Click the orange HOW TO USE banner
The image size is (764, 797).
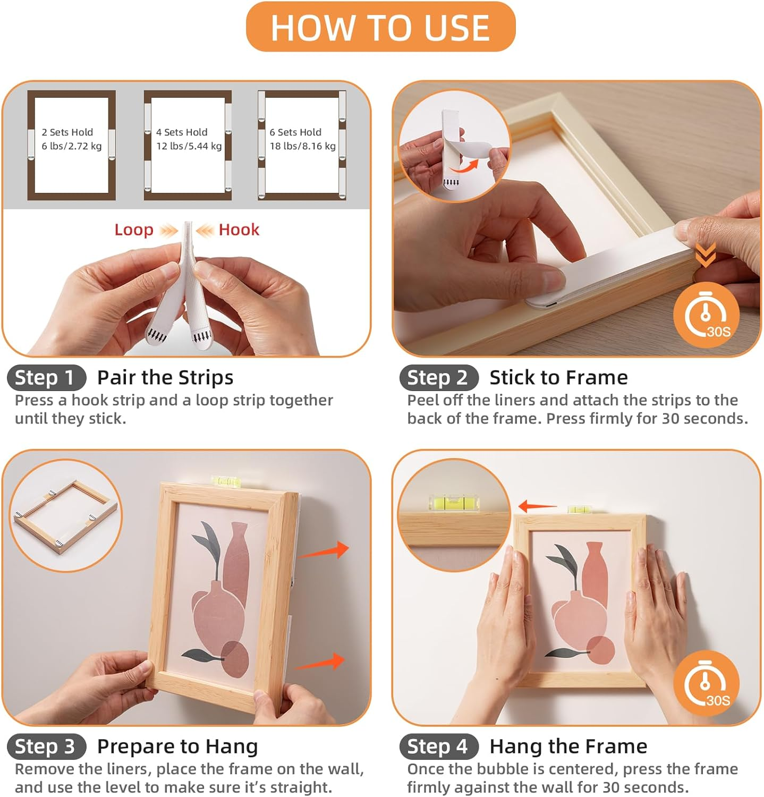pos(380,27)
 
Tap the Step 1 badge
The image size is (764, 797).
pos(46,378)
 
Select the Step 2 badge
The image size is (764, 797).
pos(438,378)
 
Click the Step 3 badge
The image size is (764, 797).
pos(46,747)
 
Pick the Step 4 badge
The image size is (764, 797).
pos(438,747)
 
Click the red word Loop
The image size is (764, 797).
pos(134,230)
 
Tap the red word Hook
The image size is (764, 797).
pos(239,230)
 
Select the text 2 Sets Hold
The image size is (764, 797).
pos(67,132)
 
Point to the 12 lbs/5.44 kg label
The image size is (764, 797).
pos(189,146)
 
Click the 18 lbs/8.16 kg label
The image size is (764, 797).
pos(302,146)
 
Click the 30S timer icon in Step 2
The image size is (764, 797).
pos(706,315)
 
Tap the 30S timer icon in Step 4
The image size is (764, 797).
pos(706,683)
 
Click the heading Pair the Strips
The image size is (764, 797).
pos(165,378)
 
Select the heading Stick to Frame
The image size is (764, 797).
pos(558,378)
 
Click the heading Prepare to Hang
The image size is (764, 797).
pos(177,747)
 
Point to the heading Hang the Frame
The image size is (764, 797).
pos(568,747)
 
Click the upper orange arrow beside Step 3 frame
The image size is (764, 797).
pos(324,552)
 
